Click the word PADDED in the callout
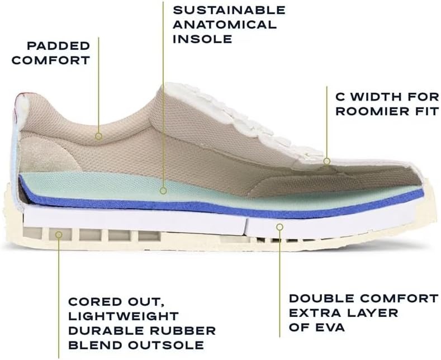point(59,46)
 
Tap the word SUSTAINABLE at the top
point(229,10)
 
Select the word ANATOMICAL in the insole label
point(225,25)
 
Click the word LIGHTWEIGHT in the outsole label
point(124,316)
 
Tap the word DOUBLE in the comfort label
point(322,299)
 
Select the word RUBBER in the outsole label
point(183,331)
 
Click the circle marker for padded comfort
point(98,137)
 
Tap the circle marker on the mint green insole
point(163,191)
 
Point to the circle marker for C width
point(326,161)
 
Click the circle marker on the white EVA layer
point(279,227)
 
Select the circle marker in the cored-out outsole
point(59,234)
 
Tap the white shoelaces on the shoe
point(248,124)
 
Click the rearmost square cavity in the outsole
point(32,233)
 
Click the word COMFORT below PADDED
point(51,60)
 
